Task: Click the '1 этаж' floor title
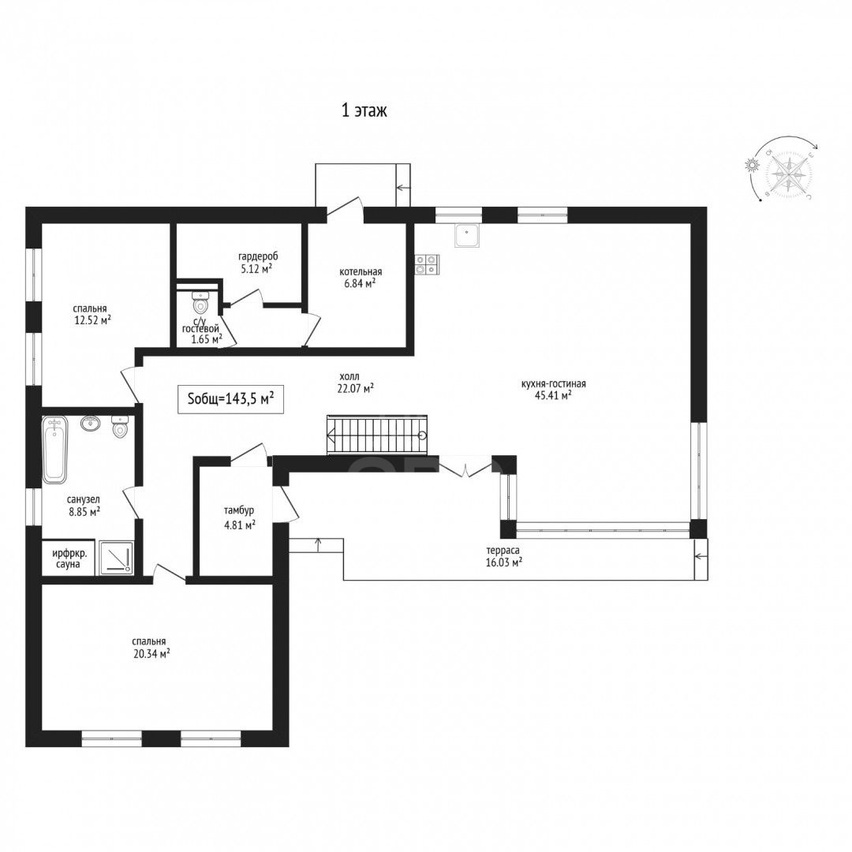tap(364, 111)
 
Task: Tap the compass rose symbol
tap(789, 174)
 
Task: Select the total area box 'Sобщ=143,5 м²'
tap(230, 399)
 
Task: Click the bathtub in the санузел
tap(55, 450)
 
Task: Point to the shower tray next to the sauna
tap(114, 557)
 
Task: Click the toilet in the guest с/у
tap(200, 303)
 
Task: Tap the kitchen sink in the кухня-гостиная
tap(468, 236)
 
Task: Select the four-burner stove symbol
tap(427, 264)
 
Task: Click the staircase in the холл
tap(377, 435)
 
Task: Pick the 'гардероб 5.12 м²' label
tap(258, 261)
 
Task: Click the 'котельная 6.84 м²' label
tap(361, 277)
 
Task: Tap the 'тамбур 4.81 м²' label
tap(239, 518)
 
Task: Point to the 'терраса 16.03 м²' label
tap(504, 556)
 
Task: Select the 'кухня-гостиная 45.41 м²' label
tap(553, 390)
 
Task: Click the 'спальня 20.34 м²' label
tap(151, 648)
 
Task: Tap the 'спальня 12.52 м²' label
tap(92, 314)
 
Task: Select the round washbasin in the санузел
tap(90, 424)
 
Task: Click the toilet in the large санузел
tap(119, 427)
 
